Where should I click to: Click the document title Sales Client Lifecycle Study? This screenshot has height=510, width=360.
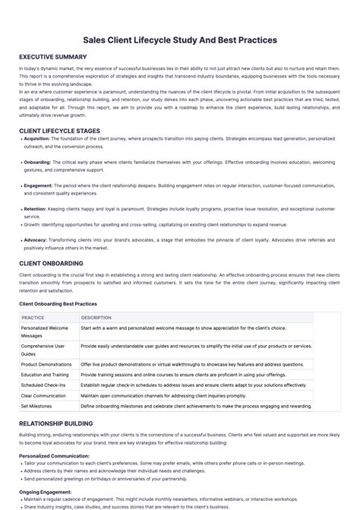[x=179, y=40]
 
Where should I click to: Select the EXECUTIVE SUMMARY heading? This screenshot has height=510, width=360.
[x=52, y=58]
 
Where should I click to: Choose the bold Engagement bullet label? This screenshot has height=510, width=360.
[x=38, y=185]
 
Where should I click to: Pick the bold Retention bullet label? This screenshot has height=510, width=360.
[x=35, y=208]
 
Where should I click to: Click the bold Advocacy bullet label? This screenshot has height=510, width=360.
[x=36, y=239]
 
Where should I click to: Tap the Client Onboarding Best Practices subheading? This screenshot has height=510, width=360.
[x=58, y=304]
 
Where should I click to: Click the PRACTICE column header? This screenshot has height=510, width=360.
[x=33, y=318]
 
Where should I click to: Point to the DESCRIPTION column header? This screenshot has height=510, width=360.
[x=96, y=318]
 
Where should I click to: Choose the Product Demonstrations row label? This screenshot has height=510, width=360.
[x=48, y=364]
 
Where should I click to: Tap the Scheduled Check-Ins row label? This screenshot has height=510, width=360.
[x=43, y=385]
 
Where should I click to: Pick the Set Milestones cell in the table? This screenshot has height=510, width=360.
[x=36, y=407]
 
